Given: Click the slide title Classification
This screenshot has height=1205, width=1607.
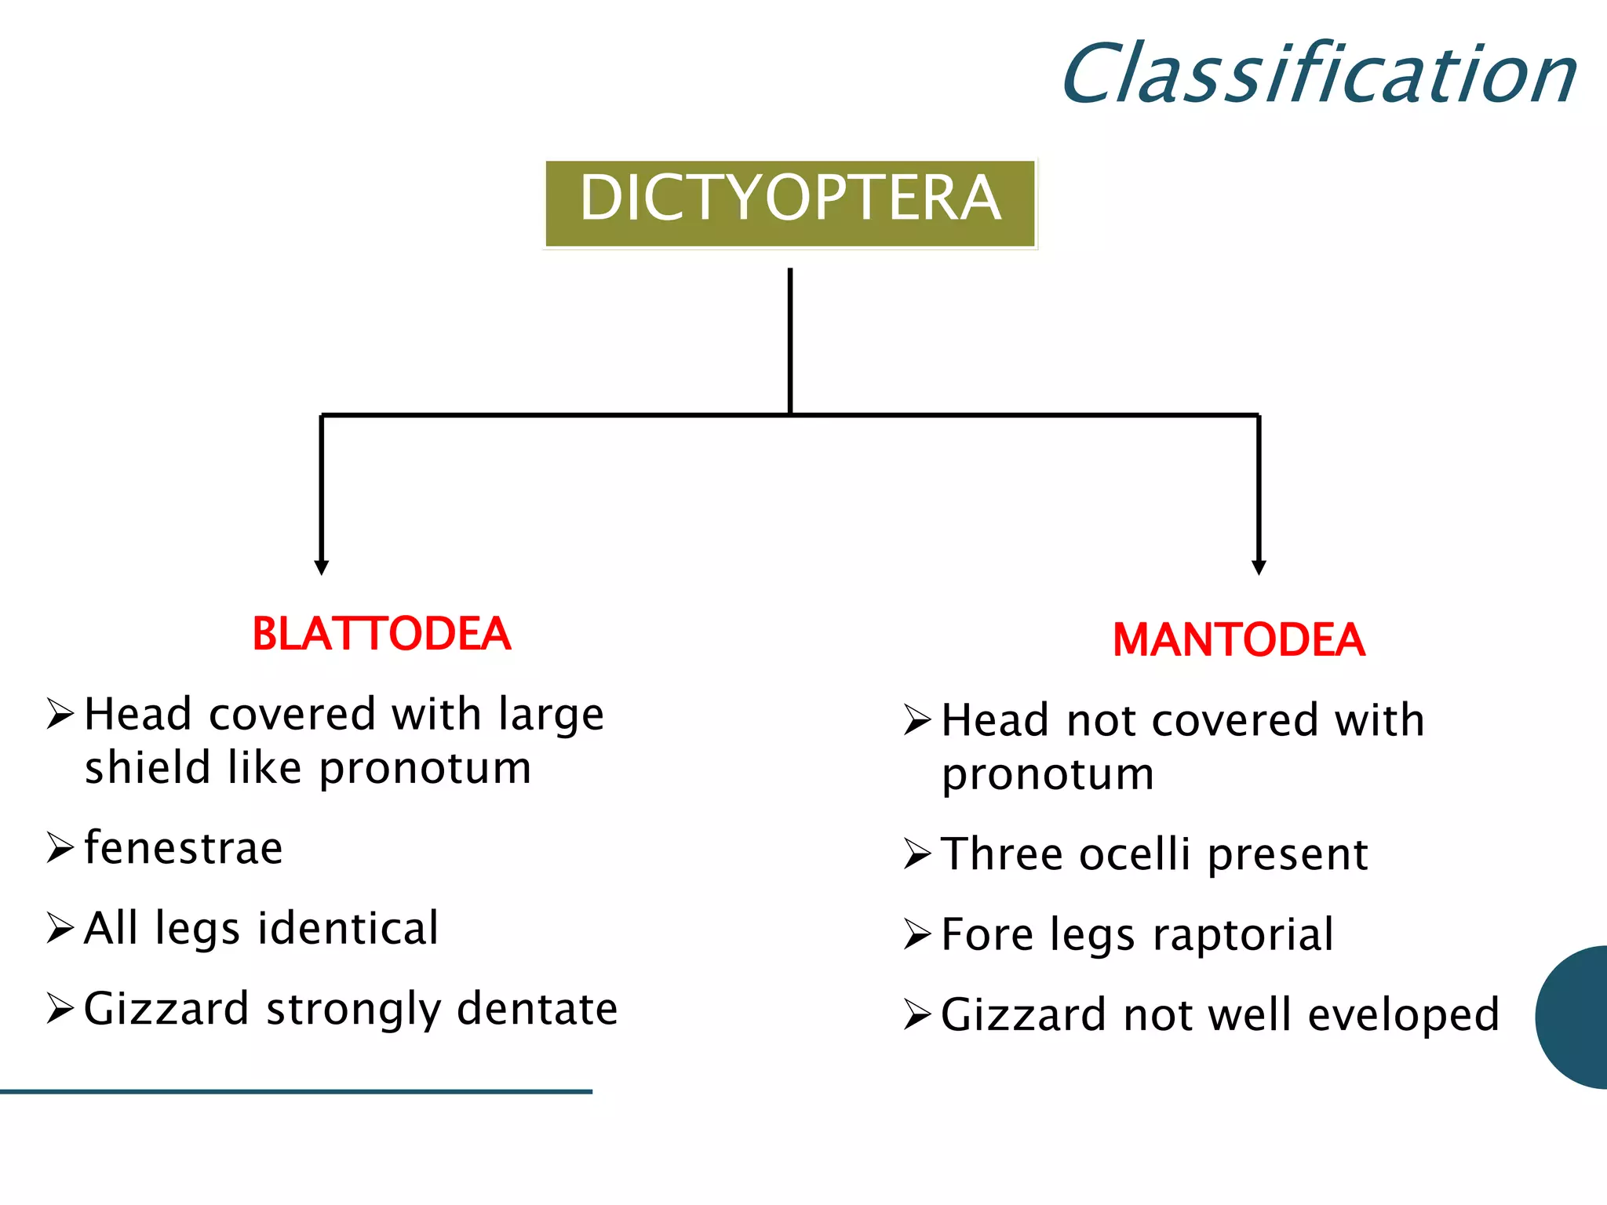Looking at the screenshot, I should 1318,75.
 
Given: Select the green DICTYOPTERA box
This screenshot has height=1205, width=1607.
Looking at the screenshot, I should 790,203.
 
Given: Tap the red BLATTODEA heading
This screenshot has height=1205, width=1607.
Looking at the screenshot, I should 381,634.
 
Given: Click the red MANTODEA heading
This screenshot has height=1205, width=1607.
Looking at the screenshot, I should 1239,639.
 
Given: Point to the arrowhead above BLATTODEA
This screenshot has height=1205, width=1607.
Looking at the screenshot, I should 321,567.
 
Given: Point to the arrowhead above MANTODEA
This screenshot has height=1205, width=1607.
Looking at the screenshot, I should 1259,567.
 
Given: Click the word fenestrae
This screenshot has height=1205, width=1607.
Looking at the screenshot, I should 184,848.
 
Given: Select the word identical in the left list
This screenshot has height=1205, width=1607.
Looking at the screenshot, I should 348,928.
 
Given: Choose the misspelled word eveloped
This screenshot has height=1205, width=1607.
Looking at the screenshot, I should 1404,1015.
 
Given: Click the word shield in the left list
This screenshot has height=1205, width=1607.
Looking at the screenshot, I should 148,767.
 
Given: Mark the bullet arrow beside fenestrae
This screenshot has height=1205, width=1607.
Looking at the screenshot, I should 60,848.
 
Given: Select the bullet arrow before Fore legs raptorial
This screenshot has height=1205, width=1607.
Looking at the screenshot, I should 917,934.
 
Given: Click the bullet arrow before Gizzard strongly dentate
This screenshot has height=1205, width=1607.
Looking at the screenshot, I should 60,1009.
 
